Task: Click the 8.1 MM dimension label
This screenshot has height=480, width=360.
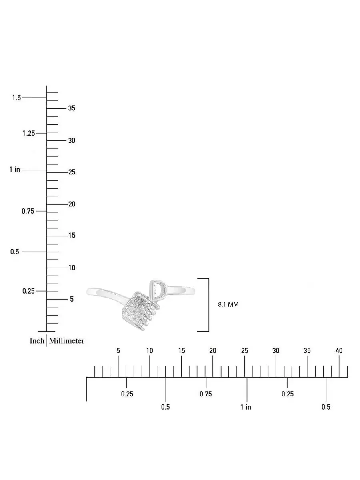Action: (x=228, y=304)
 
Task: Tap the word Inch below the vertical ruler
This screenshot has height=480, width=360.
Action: (x=37, y=341)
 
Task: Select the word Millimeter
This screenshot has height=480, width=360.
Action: (x=66, y=341)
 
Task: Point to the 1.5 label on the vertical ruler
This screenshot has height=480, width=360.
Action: (x=16, y=98)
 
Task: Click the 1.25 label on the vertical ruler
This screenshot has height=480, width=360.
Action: (x=29, y=133)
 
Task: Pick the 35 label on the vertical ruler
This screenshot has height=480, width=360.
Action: (x=72, y=108)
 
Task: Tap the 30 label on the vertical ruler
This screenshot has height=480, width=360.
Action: (x=72, y=141)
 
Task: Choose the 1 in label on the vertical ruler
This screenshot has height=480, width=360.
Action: (x=15, y=169)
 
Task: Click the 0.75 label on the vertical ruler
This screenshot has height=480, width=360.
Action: (x=28, y=211)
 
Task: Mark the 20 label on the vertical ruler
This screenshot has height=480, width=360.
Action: (x=72, y=204)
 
